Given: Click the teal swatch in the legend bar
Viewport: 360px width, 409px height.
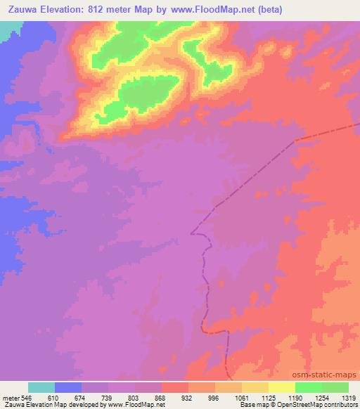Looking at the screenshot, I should (x=41, y=387).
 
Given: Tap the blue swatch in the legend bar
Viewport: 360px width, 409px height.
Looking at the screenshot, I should (x=68, y=387).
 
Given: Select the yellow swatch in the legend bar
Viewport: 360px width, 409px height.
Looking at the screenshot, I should (x=282, y=387).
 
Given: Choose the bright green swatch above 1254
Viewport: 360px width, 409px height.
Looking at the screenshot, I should (x=309, y=387).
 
